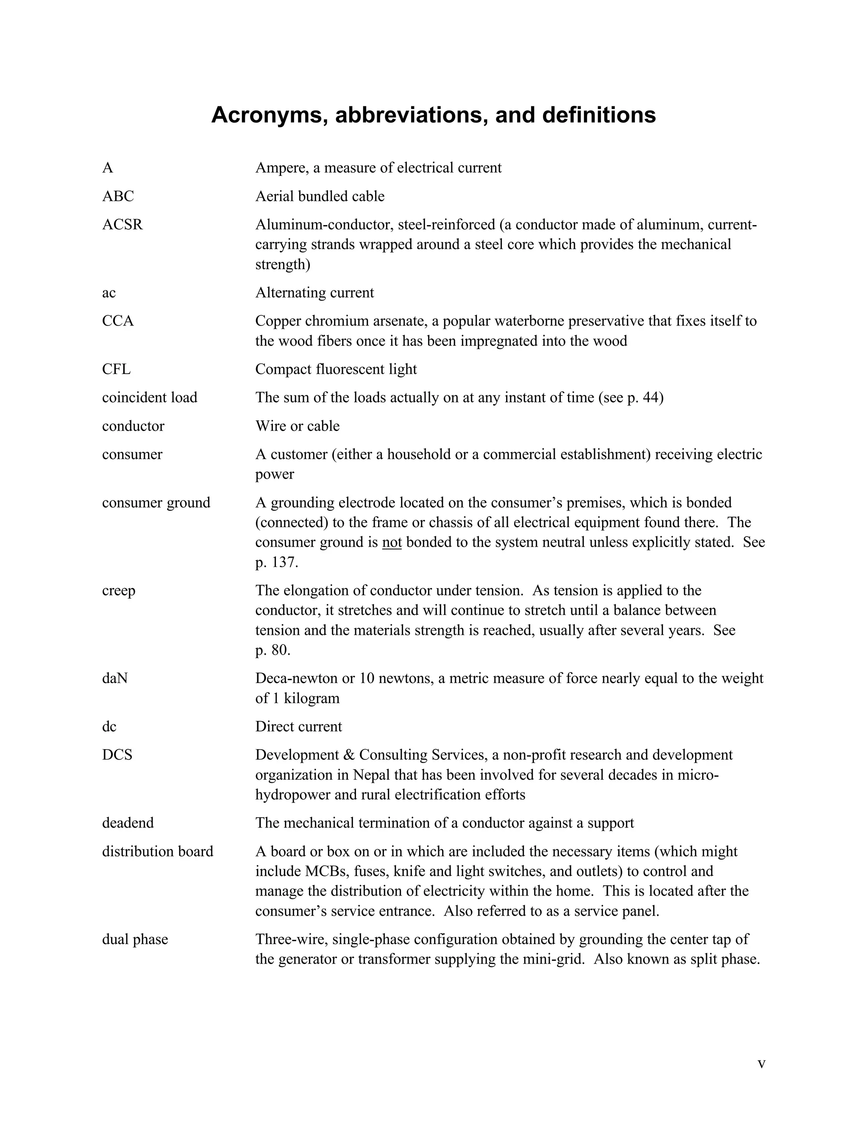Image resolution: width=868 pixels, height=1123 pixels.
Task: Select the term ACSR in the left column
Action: (x=122, y=225)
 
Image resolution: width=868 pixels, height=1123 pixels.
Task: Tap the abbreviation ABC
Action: (x=118, y=197)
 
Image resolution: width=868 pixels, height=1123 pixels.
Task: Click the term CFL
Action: (x=116, y=369)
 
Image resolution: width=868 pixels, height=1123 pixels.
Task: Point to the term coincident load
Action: (x=150, y=397)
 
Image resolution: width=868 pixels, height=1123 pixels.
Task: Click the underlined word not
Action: (x=392, y=542)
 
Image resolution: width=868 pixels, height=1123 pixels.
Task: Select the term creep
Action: (x=119, y=590)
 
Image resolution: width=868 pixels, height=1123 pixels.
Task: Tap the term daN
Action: (x=115, y=678)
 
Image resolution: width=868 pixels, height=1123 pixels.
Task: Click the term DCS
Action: (x=117, y=755)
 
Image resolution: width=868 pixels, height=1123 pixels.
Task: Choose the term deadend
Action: (x=128, y=823)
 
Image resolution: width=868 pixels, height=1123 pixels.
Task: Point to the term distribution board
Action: (x=157, y=851)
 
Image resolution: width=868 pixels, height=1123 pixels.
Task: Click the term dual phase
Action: (x=135, y=940)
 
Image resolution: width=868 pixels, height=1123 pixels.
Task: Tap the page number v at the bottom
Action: (x=762, y=1064)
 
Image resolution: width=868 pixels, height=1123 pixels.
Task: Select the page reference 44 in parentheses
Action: (x=650, y=397)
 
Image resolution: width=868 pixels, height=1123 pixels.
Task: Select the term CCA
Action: (x=118, y=321)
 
